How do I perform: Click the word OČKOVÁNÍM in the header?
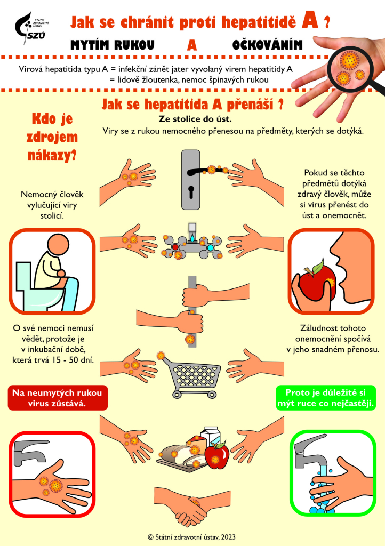tap(267, 45)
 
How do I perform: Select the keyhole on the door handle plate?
tap(191, 192)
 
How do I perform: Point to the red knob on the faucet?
tap(175, 247)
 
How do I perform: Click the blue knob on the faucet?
tap(210, 247)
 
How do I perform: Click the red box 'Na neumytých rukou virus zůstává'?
tap(58, 398)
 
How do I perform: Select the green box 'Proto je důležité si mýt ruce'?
tap(326, 398)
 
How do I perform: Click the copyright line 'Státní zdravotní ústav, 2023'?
tap(192, 537)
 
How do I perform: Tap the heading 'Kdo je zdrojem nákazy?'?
tap(52, 137)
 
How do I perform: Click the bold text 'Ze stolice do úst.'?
tap(195, 119)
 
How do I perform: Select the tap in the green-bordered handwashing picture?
tap(309, 451)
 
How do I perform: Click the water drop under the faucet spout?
tap(192, 238)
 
